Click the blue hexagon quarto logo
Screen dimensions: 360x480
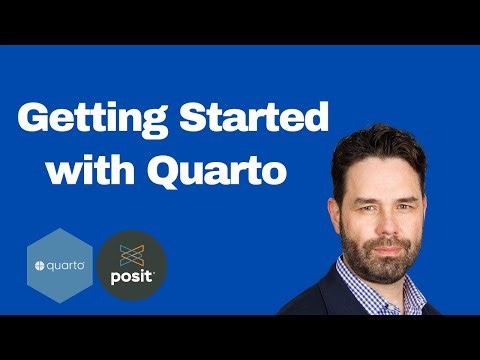pos(60,265)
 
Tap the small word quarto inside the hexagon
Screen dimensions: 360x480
pos(66,265)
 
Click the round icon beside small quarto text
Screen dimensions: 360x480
pos(41,265)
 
